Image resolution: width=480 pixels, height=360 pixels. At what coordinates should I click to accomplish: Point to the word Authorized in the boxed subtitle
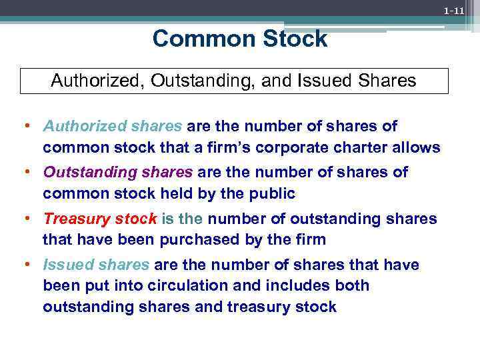pos(98,81)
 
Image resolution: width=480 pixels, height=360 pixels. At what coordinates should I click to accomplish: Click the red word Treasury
pos(73,219)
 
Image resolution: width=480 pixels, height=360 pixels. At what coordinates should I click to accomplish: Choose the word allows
pos(419,147)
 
